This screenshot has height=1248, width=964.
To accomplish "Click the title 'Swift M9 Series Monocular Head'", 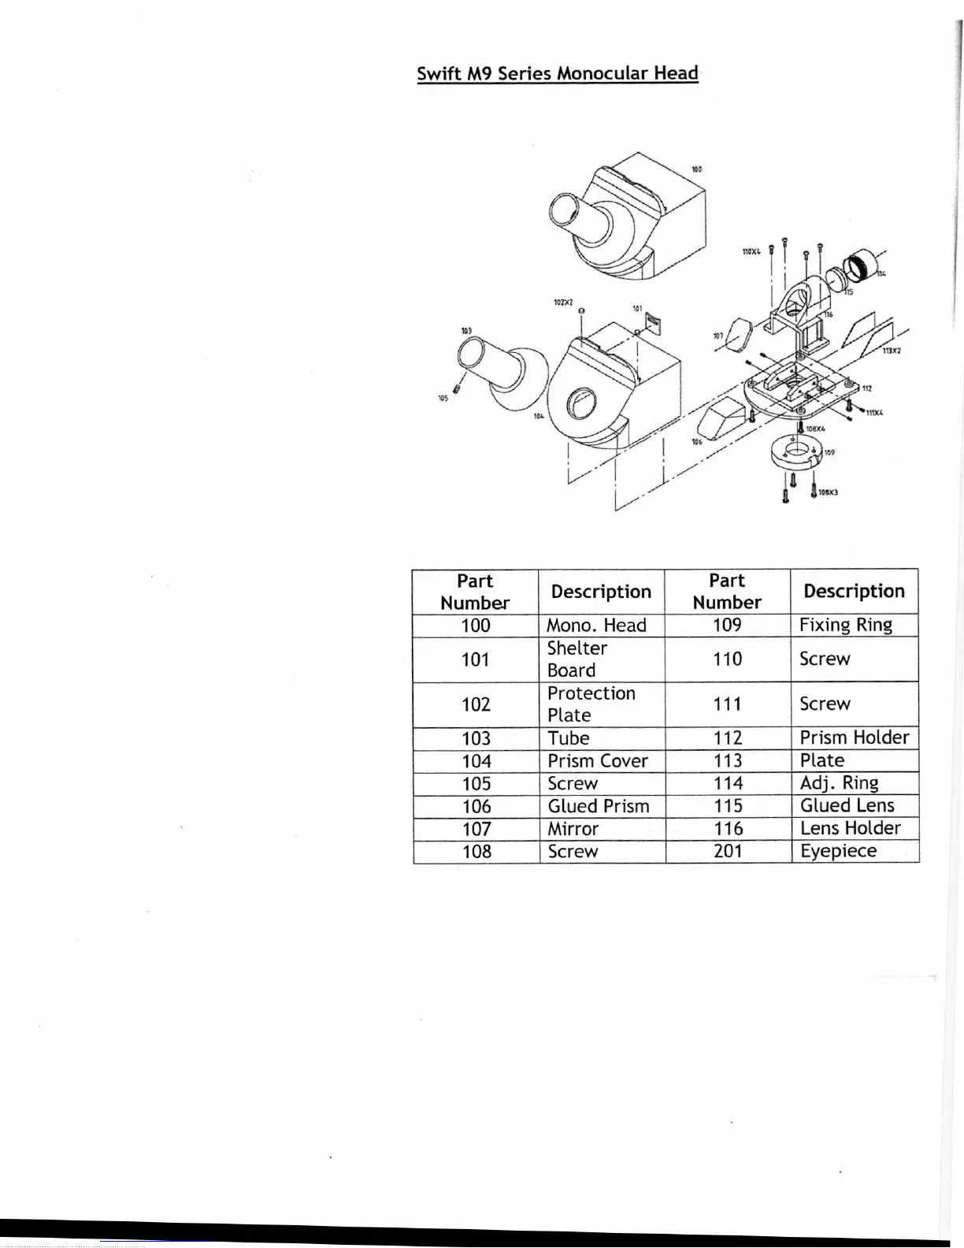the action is pyautogui.click(x=558, y=73).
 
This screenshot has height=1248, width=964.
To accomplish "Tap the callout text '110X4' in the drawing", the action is pyautogui.click(x=751, y=252).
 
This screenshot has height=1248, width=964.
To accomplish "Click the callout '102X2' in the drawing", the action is pyautogui.click(x=563, y=303).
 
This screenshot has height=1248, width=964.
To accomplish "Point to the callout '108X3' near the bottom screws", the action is pyautogui.click(x=828, y=492).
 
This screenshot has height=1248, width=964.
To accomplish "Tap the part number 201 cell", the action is pyautogui.click(x=728, y=851).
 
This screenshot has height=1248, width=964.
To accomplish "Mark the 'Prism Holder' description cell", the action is pyautogui.click(x=855, y=737).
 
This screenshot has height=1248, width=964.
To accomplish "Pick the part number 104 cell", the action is pyautogui.click(x=476, y=761).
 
